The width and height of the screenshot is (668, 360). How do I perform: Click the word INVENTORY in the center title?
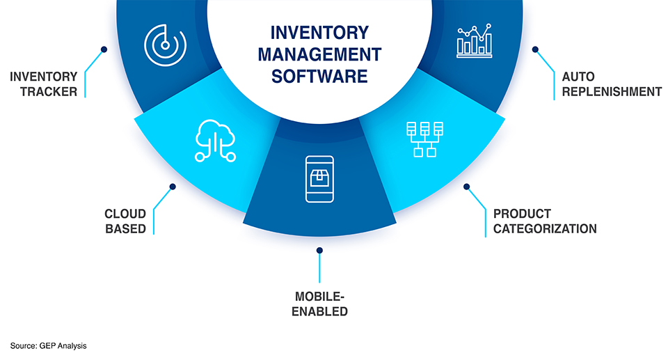[x=319, y=33]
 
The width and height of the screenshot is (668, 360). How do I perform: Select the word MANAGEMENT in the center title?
[x=319, y=54]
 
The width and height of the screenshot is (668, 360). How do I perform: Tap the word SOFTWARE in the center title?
[x=319, y=76]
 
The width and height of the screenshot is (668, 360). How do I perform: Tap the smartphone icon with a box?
[x=319, y=179]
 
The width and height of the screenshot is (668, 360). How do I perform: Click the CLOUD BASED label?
[x=125, y=221]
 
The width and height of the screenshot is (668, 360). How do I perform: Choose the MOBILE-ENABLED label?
[x=319, y=304]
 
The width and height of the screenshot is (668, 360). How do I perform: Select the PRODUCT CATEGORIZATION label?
[x=544, y=221]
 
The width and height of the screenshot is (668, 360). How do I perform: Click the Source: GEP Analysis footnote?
[x=49, y=345]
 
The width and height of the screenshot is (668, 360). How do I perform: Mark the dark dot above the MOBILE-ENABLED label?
[x=319, y=250]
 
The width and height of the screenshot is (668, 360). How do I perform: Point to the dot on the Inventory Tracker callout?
[x=104, y=49]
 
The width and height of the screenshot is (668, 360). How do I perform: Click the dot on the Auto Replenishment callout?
[x=535, y=49]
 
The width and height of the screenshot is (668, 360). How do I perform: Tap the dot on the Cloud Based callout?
[x=173, y=186]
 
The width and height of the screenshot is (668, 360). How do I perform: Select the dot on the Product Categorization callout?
[x=466, y=187]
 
